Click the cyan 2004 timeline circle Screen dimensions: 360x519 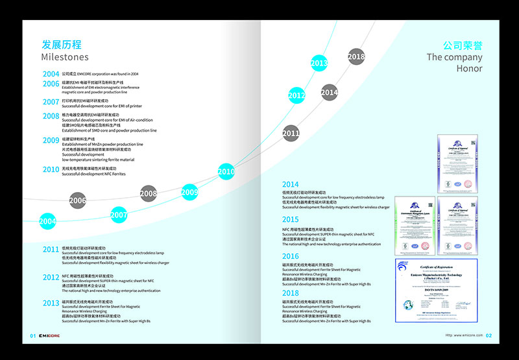(x=47, y=221)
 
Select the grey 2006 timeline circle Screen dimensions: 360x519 (x=78, y=200)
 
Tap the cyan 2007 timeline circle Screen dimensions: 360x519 (x=119, y=215)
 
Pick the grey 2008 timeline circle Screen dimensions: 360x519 (x=149, y=193)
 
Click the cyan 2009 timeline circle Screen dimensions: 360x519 (x=189, y=192)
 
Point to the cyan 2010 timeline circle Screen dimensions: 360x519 (x=226, y=172)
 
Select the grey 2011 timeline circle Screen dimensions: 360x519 (x=291, y=134)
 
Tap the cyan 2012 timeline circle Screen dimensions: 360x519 (x=296, y=95)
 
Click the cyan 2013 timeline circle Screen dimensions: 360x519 (x=319, y=64)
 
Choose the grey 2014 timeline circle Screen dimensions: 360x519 (x=330, y=93)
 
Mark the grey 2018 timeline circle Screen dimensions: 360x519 (x=356, y=57)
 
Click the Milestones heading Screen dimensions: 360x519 (x=65, y=57)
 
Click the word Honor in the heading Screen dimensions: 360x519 (x=469, y=68)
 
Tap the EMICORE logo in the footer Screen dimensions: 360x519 (x=49, y=335)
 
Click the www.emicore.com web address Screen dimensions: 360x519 (x=463, y=335)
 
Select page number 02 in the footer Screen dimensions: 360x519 (x=489, y=335)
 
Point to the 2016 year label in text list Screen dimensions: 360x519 (x=290, y=257)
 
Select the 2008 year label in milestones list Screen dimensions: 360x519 (x=51, y=116)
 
